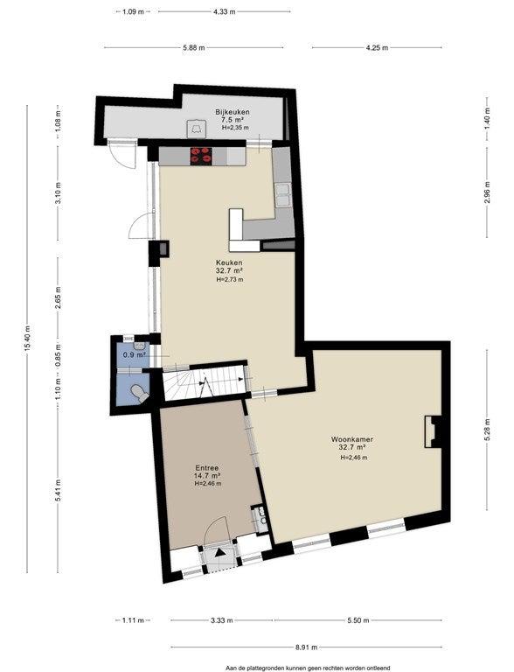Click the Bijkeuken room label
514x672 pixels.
pos(233,112)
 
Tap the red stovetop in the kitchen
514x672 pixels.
pos(201,156)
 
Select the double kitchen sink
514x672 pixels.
pos(283,194)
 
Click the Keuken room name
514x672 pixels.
pos(229,262)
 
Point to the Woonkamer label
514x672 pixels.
pos(351,439)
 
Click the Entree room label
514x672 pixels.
pos(207,468)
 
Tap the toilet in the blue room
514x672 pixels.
pos(139,393)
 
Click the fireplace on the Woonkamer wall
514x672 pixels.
pos(433,431)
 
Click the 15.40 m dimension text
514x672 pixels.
pos(27,338)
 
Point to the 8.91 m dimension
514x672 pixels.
pos(307,647)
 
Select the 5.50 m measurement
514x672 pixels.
pos(358,620)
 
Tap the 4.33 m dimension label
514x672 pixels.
pos(225,12)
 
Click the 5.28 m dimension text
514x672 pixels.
pos(487,429)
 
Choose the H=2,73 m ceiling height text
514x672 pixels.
pos(230,280)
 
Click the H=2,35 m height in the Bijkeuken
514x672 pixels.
pos(235,128)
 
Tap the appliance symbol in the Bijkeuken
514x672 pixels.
pos(197,129)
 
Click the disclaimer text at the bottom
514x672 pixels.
pos(308,668)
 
